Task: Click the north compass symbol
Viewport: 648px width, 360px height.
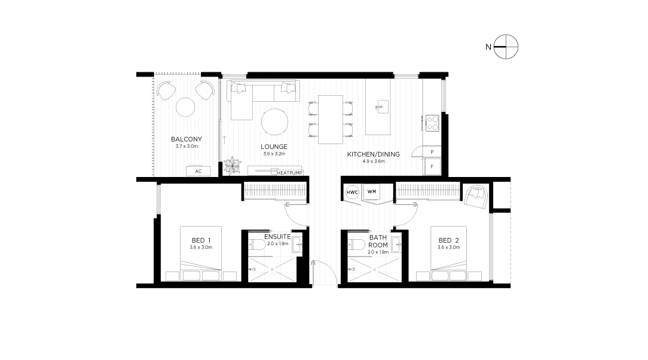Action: [x=506, y=47]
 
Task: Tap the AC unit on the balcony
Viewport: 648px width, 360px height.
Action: [x=198, y=171]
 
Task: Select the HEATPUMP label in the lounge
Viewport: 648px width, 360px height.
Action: [x=290, y=173]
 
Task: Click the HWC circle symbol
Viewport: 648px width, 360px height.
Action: [x=353, y=192]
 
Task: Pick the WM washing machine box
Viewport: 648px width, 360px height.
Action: [x=372, y=191]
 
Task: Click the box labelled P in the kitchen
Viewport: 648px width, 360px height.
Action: [x=432, y=152]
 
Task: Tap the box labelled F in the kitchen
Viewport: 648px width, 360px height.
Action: [x=432, y=166]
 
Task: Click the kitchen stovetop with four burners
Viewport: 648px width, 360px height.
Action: [x=432, y=123]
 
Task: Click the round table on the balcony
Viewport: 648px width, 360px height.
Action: [x=185, y=108]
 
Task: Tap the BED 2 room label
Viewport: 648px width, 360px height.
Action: [x=448, y=240]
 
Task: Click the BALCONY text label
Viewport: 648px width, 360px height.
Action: [x=187, y=139]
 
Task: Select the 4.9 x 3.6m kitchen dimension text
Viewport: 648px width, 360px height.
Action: [x=374, y=161]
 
